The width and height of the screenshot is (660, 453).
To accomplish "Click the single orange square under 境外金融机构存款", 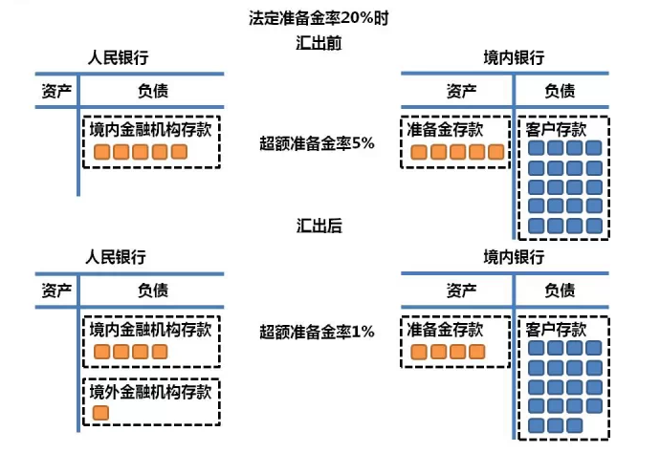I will pos(101,413).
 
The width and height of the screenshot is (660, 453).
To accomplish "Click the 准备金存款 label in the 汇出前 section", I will pos(446,129).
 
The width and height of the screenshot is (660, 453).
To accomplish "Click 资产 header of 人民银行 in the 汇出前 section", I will pos(57,91).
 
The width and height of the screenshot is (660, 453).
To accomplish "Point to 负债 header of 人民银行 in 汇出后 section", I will pos(152,290).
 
